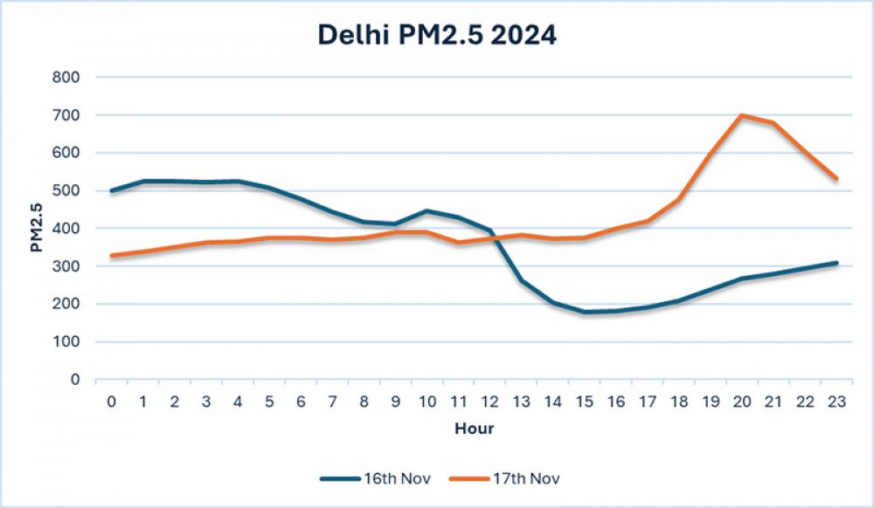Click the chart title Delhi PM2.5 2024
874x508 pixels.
tap(437, 36)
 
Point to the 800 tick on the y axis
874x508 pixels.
tap(66, 77)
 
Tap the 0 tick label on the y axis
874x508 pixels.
tap(75, 380)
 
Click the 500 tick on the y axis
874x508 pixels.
tap(66, 190)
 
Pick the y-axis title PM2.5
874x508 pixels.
tap(36, 229)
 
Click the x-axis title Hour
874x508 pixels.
tap(474, 429)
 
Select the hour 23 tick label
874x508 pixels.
tap(836, 402)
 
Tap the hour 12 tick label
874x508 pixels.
tap(489, 402)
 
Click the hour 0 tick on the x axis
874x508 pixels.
tap(112, 402)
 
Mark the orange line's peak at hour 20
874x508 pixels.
tap(741, 115)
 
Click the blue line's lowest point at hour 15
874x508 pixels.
tap(584, 312)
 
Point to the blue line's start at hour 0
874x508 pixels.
tap(112, 190)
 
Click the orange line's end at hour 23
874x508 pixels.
tap(836, 178)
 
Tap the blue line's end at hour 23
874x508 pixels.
tap(836, 263)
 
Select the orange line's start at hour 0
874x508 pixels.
tap(112, 256)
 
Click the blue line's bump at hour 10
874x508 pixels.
tap(427, 210)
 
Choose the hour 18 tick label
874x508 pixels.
tap(678, 402)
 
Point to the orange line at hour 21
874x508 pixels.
tap(773, 123)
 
